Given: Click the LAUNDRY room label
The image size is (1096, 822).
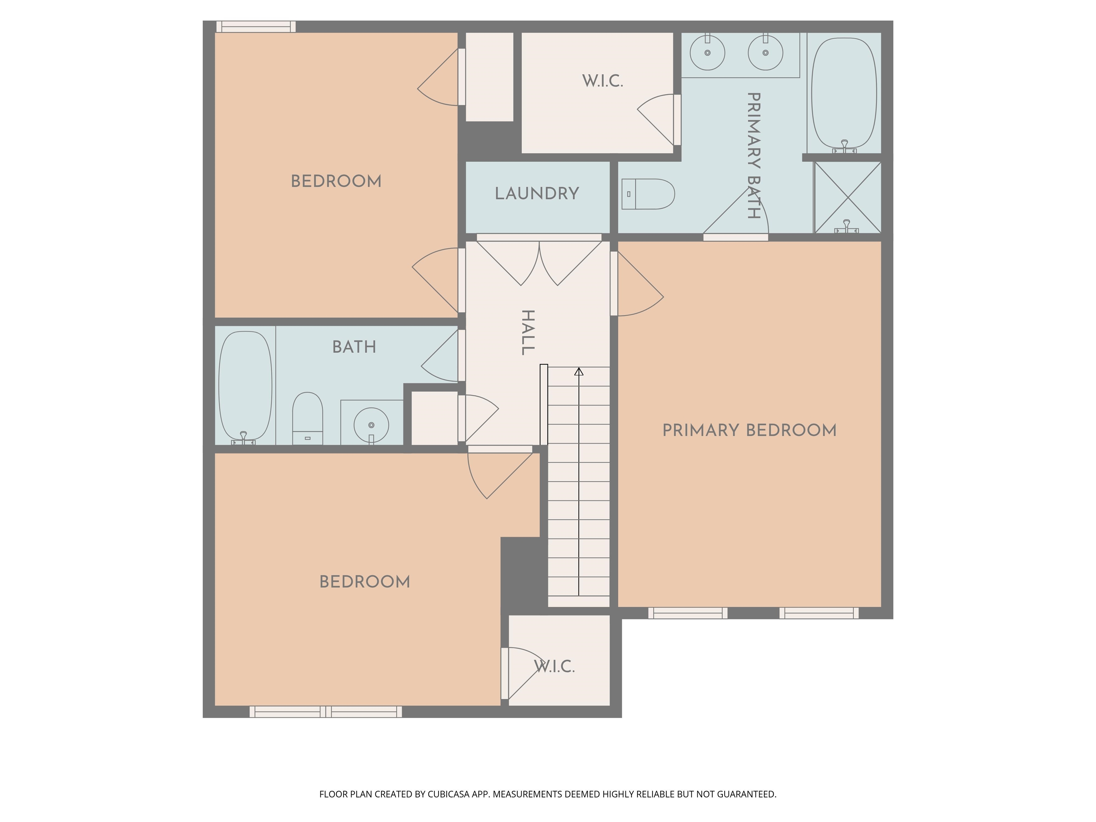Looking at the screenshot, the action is click(x=537, y=193).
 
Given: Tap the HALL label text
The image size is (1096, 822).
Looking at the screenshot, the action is click(x=528, y=333).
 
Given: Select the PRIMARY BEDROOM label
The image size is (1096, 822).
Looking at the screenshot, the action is click(x=750, y=430).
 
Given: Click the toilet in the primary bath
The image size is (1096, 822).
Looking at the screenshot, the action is click(x=648, y=194).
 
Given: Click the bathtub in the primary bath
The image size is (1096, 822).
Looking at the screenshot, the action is click(x=844, y=94).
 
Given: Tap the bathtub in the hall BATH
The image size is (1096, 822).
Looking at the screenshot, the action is click(x=245, y=386).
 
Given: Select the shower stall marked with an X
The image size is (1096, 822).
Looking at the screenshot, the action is click(x=848, y=198).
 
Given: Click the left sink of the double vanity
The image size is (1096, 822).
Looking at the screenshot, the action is click(x=707, y=52).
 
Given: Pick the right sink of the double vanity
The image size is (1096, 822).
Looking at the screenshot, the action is click(x=766, y=52).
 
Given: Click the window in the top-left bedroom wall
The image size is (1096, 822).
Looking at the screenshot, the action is click(x=256, y=27).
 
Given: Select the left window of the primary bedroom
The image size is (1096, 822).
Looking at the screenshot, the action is click(x=688, y=613).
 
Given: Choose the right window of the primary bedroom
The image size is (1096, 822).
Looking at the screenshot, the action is click(x=819, y=613).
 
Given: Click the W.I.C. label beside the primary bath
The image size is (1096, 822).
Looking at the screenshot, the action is click(x=603, y=81).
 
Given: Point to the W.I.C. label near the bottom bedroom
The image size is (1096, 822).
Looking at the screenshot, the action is click(x=554, y=666).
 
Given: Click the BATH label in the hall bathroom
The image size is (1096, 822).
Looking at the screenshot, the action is click(x=354, y=347).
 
